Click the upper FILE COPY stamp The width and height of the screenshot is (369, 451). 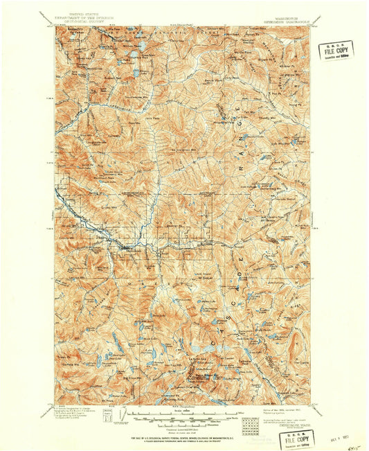point(336,50)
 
